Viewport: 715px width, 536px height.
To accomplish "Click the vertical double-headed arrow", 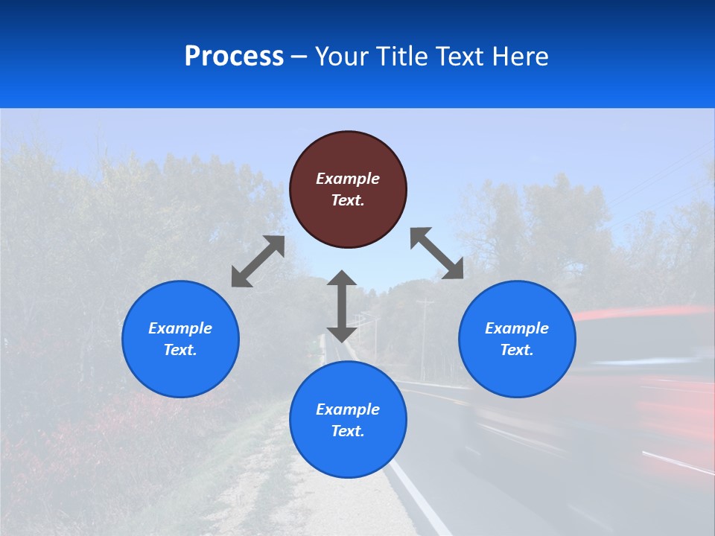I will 342,306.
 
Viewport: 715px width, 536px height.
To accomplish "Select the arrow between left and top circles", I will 258,261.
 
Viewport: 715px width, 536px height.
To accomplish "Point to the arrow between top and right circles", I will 437,253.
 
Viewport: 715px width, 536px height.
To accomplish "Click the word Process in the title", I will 234,56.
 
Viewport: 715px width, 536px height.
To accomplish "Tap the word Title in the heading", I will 404,56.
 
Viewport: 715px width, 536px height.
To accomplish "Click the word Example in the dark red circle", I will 348,179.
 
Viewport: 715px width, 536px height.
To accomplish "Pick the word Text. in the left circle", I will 180,350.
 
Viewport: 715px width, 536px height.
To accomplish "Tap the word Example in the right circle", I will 517,328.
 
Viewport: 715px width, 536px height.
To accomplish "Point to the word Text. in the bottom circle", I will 348,431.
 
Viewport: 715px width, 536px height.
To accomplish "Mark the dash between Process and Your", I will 299,57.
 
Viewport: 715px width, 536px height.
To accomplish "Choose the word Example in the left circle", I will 180,328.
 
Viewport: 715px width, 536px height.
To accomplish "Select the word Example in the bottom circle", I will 348,409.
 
